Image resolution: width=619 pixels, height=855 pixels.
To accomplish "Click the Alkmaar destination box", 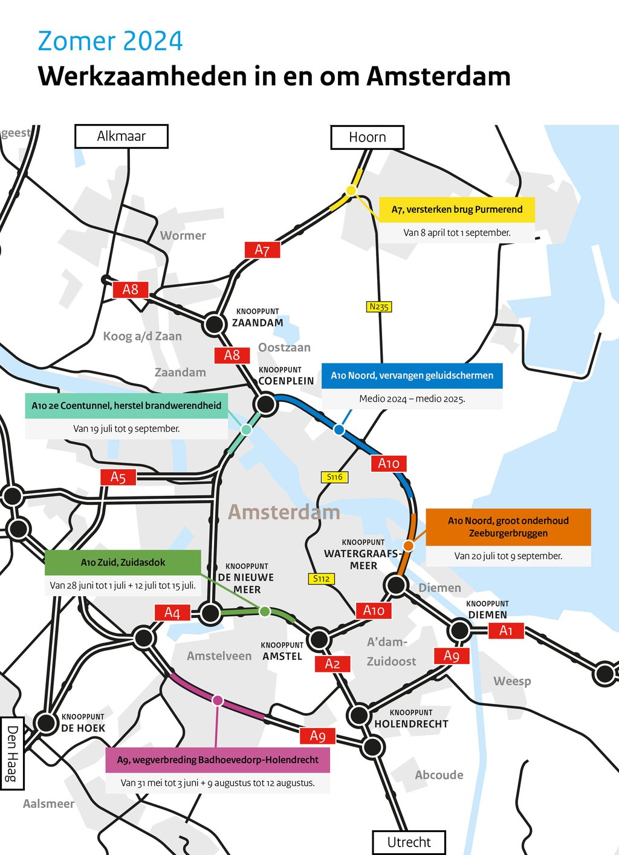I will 122,136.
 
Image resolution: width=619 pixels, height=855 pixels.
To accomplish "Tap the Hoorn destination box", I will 367,137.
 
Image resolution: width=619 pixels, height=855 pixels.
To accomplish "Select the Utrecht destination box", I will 409,842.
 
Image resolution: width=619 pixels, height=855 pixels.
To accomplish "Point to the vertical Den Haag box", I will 12,753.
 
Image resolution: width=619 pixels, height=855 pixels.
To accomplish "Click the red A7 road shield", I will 262,250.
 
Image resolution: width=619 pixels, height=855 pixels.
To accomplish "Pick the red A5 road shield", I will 118,477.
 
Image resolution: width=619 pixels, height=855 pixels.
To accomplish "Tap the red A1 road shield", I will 506,631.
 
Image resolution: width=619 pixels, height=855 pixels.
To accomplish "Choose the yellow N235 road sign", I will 379,307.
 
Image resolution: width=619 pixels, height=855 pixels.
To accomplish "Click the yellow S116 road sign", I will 334,477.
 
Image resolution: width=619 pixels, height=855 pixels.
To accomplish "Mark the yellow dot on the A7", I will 351,190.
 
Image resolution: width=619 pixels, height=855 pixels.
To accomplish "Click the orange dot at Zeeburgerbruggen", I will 409,545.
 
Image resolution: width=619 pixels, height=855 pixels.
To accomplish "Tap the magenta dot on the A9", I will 218,700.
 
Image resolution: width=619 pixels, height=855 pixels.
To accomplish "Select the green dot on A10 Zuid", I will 264,611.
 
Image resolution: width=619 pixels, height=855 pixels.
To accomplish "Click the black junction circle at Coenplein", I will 265,403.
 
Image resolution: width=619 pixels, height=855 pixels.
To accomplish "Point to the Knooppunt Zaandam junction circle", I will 214,324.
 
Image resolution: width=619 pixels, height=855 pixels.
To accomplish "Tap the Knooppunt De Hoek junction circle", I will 46,722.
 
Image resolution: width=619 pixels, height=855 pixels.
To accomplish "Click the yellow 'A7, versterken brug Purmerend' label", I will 457,209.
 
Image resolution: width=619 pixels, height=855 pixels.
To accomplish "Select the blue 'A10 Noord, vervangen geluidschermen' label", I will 412,375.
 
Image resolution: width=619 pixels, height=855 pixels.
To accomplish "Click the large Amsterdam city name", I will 284,512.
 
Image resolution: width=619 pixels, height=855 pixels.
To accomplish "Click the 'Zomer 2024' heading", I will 110,41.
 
